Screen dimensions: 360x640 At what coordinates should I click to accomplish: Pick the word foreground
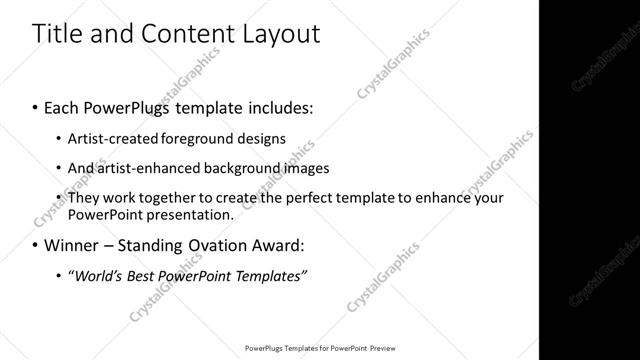point(188,138)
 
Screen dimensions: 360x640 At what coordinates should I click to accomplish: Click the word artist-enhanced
point(142,168)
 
